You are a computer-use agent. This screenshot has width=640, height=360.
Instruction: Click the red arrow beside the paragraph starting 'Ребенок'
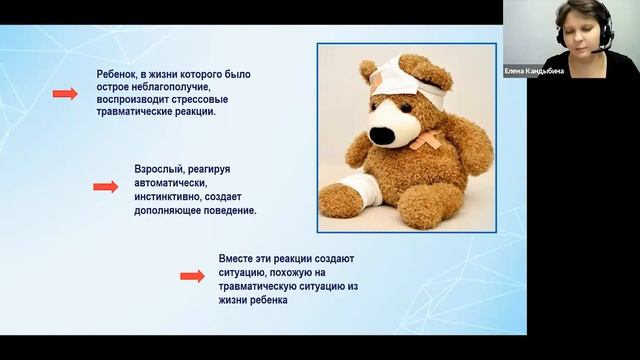tap(65, 94)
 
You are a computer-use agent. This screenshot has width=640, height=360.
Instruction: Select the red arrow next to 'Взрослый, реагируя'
tap(105, 187)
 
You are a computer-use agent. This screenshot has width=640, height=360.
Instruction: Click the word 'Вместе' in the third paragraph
tap(237, 258)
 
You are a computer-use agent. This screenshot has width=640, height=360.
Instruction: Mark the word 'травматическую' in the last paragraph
tap(258, 284)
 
